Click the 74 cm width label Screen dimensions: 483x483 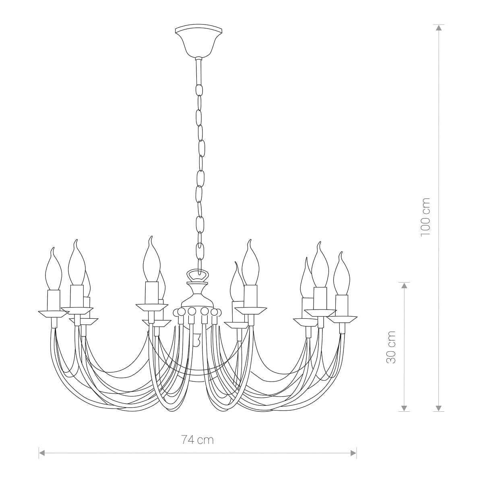tap(198, 440)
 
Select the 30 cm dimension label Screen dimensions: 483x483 tap(391, 347)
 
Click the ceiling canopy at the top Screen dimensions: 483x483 tap(198, 41)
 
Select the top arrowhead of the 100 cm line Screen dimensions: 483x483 tap(438, 28)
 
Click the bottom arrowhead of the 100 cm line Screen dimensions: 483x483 tap(438, 408)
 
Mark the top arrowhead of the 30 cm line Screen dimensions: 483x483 tap(404, 285)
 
